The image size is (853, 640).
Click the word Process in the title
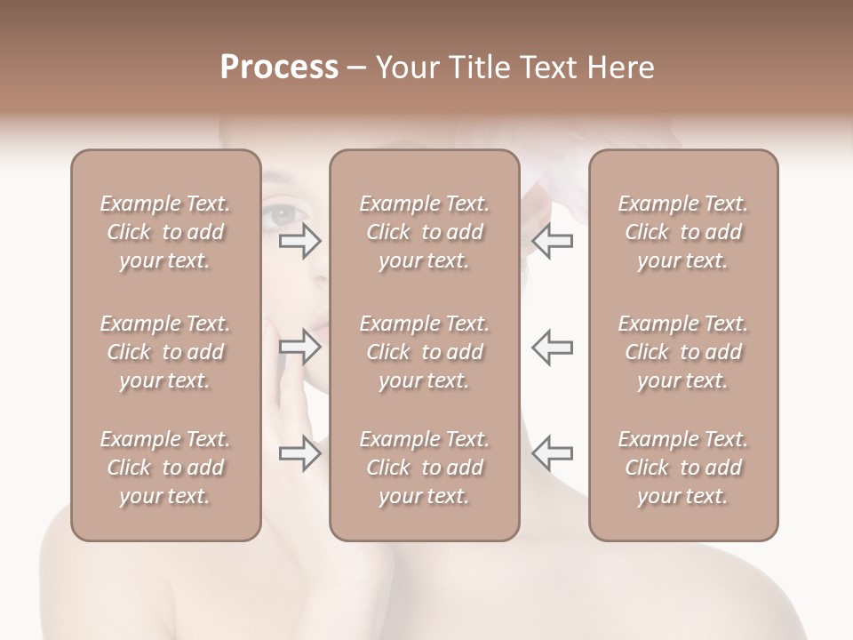pyautogui.click(x=279, y=68)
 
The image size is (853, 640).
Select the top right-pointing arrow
pyautogui.click(x=300, y=241)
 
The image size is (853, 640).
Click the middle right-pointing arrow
pyautogui.click(x=300, y=347)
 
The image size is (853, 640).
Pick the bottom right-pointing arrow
pyautogui.click(x=300, y=453)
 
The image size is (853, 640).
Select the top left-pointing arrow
pyautogui.click(x=552, y=241)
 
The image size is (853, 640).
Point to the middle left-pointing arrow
pyautogui.click(x=552, y=347)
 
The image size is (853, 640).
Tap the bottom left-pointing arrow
pyautogui.click(x=552, y=453)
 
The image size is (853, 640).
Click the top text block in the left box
pyautogui.click(x=165, y=232)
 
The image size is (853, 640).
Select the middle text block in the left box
pyautogui.click(x=165, y=352)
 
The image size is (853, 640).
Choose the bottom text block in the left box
pyautogui.click(x=165, y=468)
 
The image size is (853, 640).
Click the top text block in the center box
pyautogui.click(x=424, y=232)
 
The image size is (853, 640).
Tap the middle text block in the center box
pyautogui.click(x=424, y=352)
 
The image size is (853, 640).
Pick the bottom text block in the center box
pyautogui.click(x=424, y=468)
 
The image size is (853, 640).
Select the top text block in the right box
pyautogui.click(x=682, y=232)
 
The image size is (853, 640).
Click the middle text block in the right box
pyautogui.click(x=682, y=352)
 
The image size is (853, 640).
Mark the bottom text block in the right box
pyautogui.click(x=682, y=468)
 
